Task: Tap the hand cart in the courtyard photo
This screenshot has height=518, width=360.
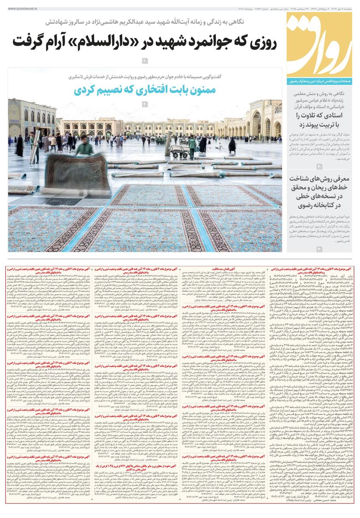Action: pos(180,152)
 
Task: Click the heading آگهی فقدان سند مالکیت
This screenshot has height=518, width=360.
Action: pos(222,269)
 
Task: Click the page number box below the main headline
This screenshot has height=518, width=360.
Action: pos(145,60)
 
